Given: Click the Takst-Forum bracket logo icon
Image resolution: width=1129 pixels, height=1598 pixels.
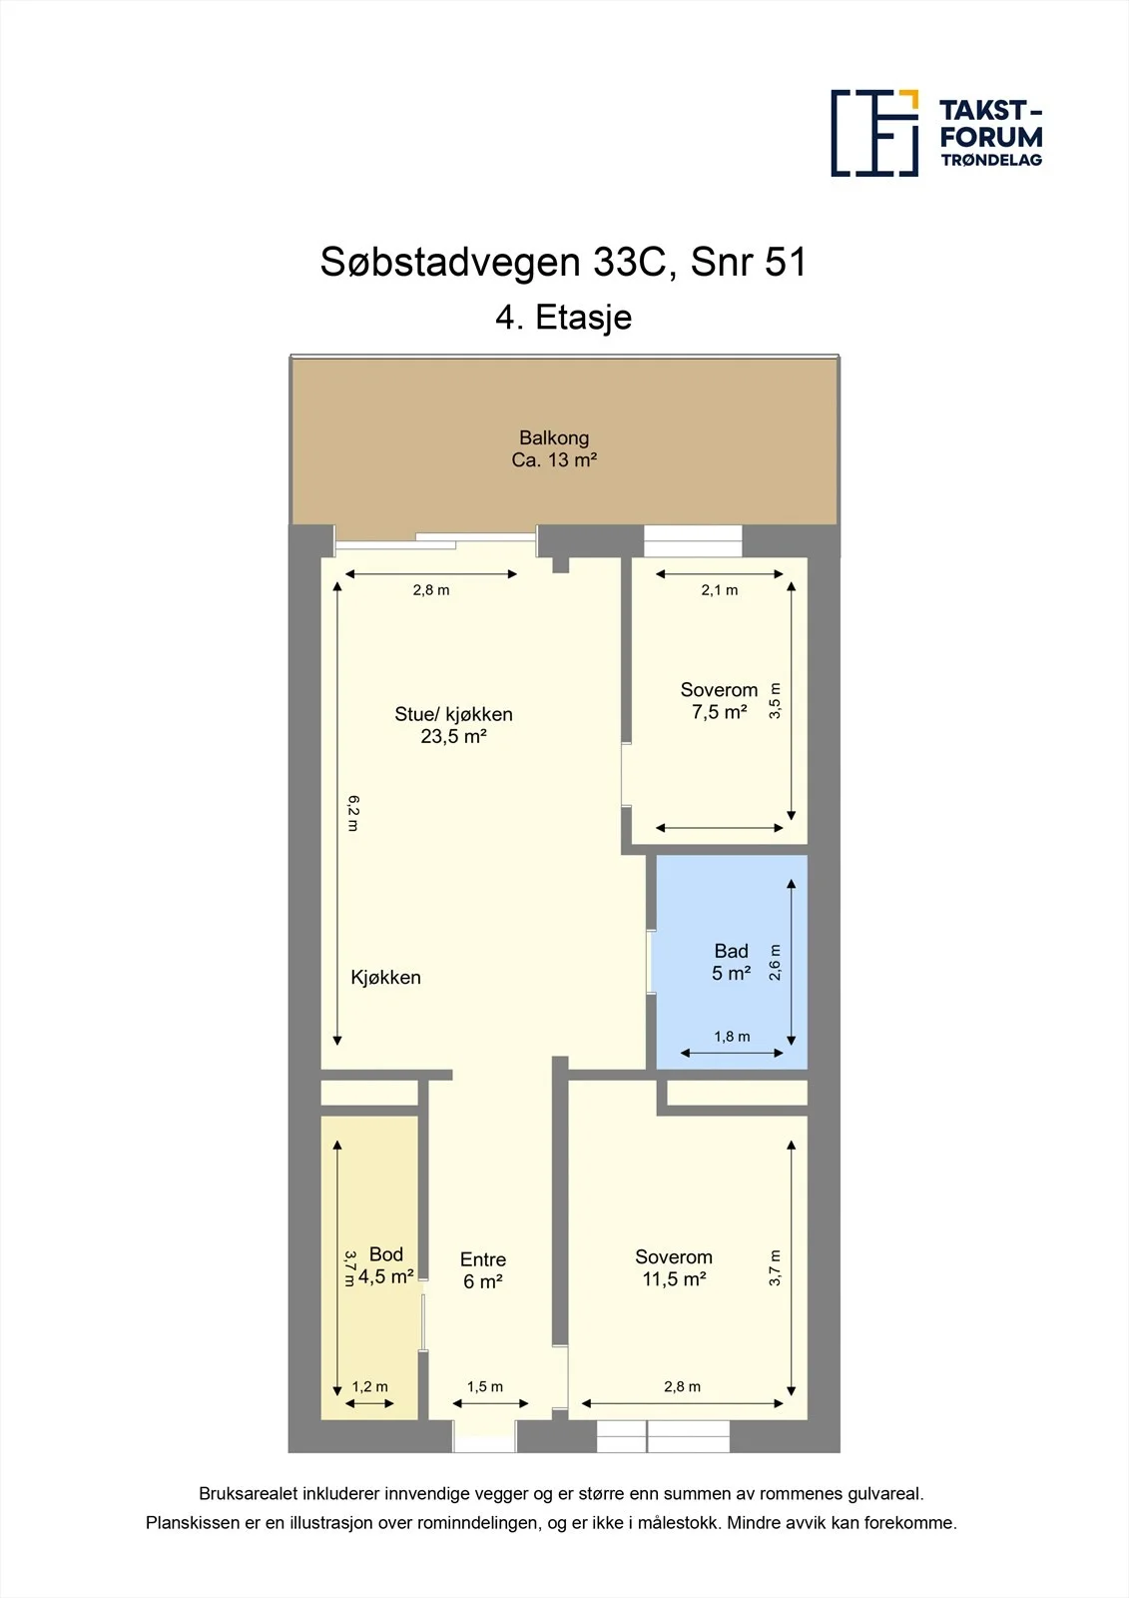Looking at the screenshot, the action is click(874, 134).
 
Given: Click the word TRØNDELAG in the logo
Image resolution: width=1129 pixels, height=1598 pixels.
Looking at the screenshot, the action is click(991, 160).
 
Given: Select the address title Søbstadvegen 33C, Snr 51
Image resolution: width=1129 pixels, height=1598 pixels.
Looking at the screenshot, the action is click(563, 263).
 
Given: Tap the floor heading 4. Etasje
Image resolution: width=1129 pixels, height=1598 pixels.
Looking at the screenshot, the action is click(563, 318).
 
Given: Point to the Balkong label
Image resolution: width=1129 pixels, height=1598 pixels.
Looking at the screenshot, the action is click(554, 437).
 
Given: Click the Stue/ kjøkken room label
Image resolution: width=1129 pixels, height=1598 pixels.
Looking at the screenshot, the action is click(453, 714).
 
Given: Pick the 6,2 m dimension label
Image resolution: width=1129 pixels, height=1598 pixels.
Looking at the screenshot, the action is click(353, 813).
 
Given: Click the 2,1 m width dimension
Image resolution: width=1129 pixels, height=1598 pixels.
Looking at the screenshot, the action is click(720, 590).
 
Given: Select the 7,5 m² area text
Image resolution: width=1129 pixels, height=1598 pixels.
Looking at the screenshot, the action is click(719, 712).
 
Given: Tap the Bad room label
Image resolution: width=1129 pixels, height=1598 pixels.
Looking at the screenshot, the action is click(731, 951).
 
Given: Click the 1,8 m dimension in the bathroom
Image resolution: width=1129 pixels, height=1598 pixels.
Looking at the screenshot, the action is click(732, 1037).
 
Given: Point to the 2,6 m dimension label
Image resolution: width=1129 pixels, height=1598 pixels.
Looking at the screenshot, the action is click(776, 963).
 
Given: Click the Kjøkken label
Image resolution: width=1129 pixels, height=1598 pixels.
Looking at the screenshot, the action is click(386, 978).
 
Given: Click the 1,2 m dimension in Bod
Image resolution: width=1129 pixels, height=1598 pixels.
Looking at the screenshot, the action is click(370, 1387).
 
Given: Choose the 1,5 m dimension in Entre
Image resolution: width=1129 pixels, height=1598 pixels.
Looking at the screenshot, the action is click(485, 1387).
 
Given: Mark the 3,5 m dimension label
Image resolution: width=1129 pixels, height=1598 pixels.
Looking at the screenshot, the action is click(776, 700).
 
